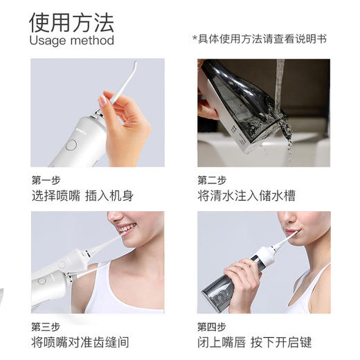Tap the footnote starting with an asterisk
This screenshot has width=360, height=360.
tap(259, 39)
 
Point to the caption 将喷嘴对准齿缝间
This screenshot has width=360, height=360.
tap(80, 342)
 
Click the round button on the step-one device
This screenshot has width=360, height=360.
tap(71, 145)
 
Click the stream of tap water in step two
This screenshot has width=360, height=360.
tap(280, 83)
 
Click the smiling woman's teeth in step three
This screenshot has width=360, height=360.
tap(126, 228)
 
